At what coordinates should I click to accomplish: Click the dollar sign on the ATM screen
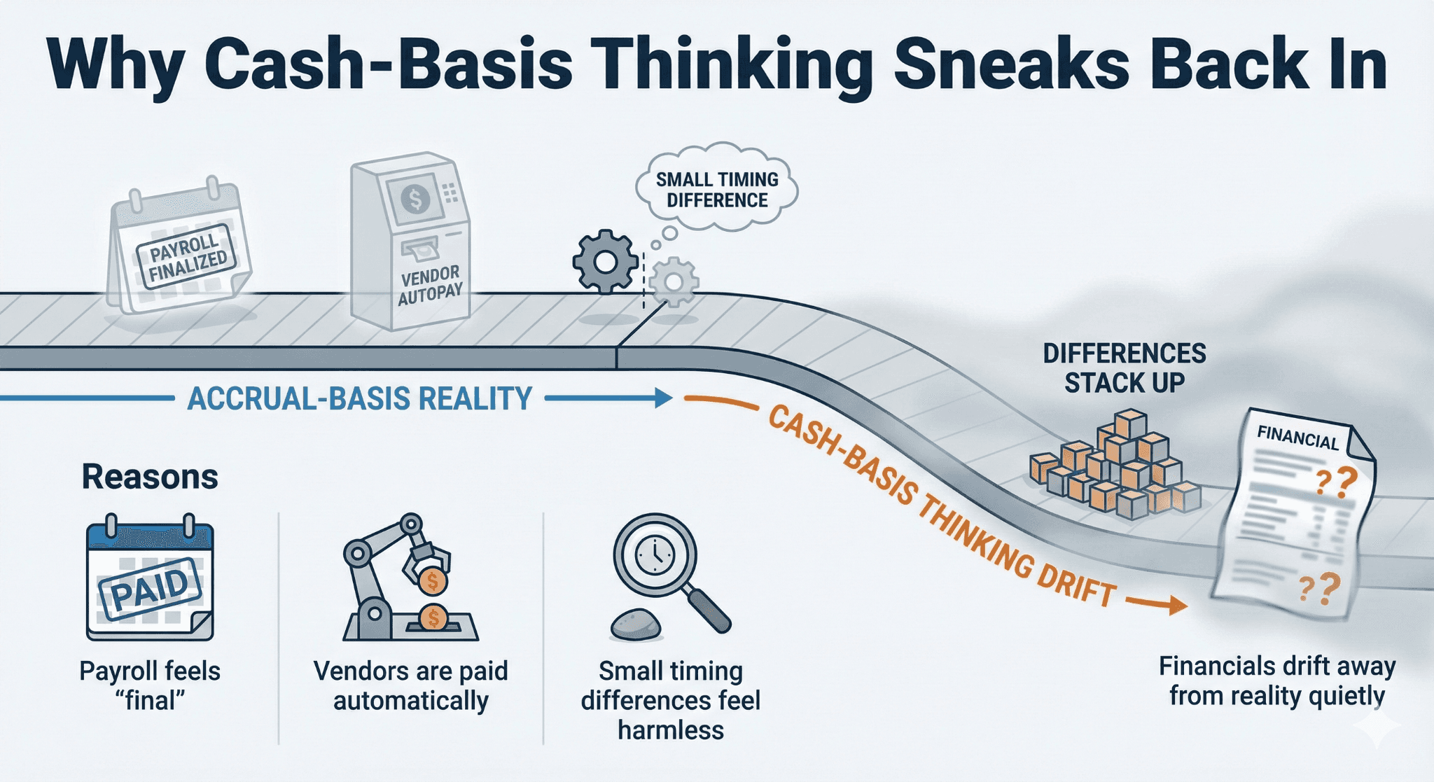(x=416, y=199)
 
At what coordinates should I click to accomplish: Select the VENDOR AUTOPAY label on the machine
(x=430, y=286)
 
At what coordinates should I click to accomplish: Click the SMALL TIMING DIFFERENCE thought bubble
(x=717, y=190)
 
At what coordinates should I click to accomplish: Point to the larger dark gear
(x=605, y=262)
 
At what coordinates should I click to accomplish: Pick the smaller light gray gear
(x=674, y=281)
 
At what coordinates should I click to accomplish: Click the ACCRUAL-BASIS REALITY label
(x=360, y=399)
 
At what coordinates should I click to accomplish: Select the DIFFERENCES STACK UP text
(x=1125, y=368)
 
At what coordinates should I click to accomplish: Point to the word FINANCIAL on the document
(x=1297, y=438)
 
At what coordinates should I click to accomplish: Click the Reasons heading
(x=150, y=477)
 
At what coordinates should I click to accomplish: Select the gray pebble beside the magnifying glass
(x=636, y=624)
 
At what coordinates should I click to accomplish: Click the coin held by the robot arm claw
(x=432, y=580)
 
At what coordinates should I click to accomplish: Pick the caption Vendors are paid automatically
(x=411, y=685)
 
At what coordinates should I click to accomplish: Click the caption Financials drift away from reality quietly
(x=1277, y=680)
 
